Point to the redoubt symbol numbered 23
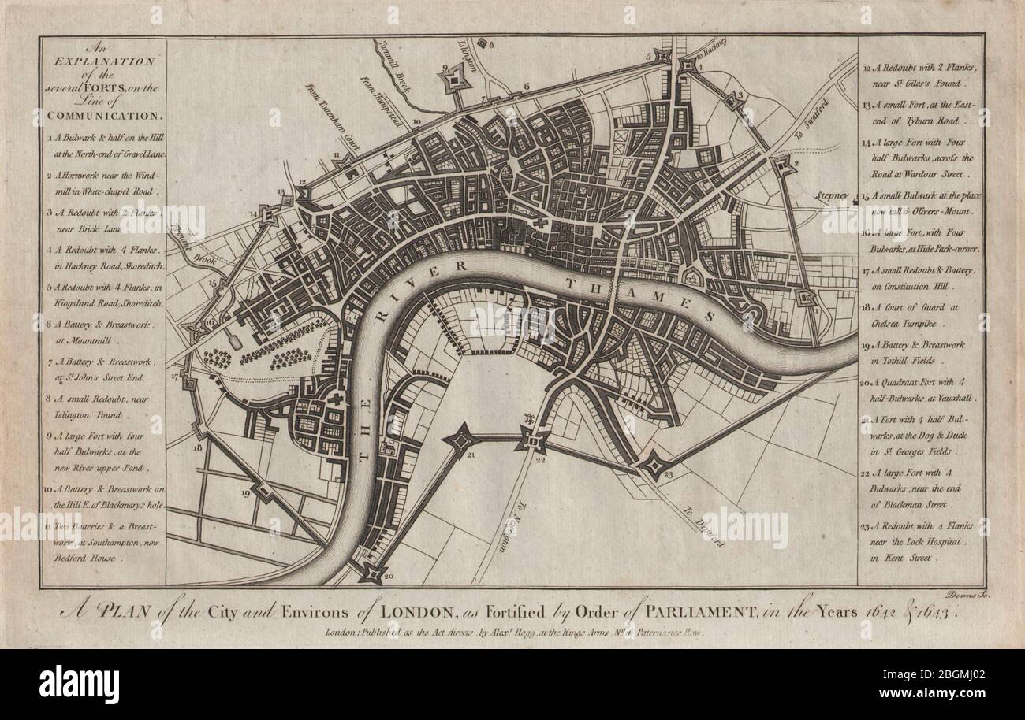(x=654, y=466)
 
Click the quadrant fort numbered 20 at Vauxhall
(x=371, y=572)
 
